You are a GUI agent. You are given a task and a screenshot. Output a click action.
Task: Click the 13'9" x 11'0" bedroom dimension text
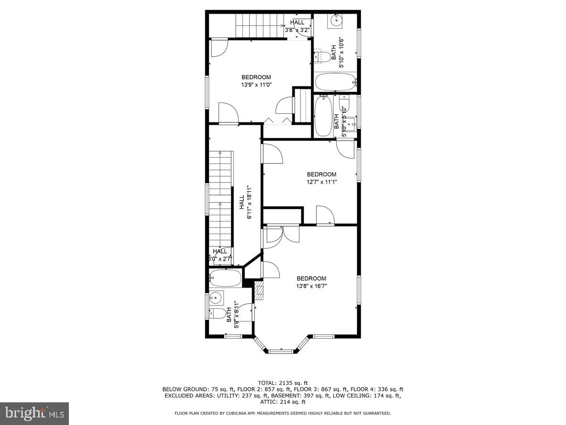point(257,85)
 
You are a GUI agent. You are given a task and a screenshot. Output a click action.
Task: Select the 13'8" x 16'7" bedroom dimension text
point(311,286)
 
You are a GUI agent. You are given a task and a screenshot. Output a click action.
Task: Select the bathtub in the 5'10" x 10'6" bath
point(334,82)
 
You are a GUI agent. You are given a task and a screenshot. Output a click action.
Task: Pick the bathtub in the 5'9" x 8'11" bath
point(225,278)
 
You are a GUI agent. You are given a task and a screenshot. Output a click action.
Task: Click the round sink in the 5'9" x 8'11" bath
point(216,298)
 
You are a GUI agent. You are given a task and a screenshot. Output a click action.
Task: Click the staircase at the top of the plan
point(259,25)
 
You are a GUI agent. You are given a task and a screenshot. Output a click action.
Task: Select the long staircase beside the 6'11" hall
point(221,198)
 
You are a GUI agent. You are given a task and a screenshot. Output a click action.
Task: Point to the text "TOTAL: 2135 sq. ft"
point(283,382)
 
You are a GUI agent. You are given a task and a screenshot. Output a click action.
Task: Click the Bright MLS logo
point(34,413)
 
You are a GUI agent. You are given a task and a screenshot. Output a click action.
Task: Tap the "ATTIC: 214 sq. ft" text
point(283,402)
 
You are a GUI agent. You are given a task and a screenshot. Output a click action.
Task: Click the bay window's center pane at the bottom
point(282,350)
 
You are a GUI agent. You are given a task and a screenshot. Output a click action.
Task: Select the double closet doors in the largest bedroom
point(282,235)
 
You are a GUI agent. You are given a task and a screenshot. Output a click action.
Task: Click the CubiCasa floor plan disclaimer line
point(283,413)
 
